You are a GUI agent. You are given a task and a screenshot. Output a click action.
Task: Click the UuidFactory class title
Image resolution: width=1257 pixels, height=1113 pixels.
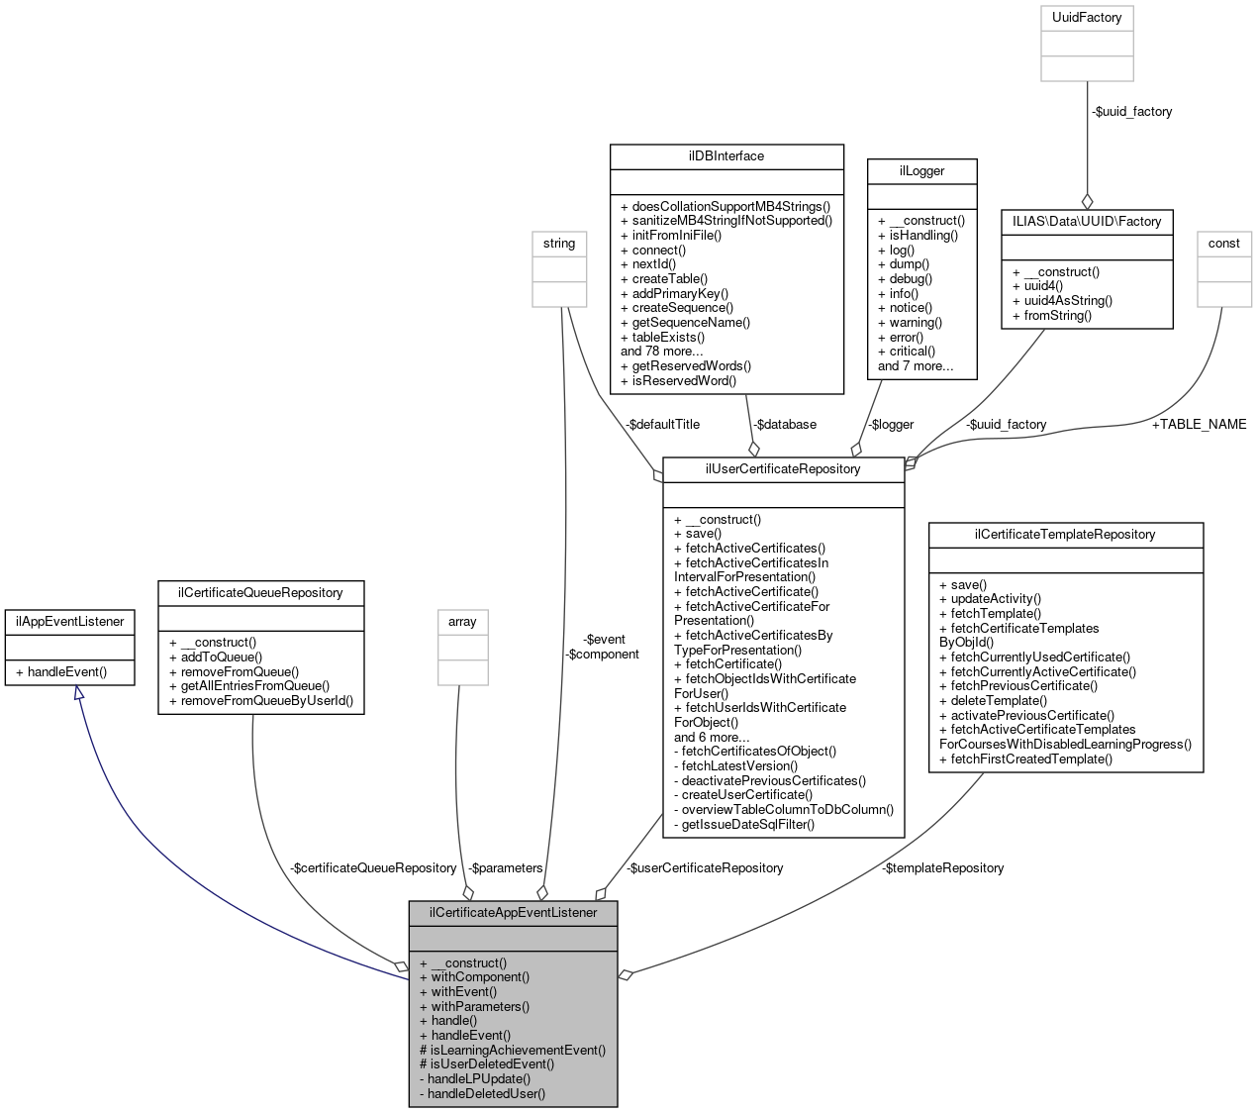point(1087,18)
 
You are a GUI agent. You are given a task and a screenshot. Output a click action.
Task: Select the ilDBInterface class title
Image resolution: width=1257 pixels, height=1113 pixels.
point(726,156)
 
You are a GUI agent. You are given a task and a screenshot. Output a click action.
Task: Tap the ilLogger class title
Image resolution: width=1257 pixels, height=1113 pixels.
point(921,171)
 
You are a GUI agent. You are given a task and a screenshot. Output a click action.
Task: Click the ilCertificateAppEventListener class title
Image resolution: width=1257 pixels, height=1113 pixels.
point(513,913)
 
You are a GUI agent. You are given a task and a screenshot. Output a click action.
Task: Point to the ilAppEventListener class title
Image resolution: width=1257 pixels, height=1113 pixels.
point(69,622)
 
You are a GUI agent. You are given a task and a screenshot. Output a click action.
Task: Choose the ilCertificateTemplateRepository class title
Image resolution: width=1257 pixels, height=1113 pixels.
point(1065,535)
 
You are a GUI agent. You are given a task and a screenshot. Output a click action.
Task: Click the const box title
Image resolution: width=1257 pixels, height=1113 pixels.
point(1223,244)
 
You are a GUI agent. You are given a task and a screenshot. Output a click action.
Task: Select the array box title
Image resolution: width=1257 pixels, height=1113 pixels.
point(462,622)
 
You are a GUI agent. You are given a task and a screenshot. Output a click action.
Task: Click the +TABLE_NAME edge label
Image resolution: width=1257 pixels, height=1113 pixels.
point(1199,424)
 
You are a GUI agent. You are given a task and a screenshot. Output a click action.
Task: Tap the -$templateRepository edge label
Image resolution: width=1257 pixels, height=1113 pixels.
point(943,868)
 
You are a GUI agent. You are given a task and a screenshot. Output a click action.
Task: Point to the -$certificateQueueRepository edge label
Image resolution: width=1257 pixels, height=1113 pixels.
point(373,868)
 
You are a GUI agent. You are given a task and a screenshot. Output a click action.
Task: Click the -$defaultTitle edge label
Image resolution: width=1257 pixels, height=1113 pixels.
point(662,424)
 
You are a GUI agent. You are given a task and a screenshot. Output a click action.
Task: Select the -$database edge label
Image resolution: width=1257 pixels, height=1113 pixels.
point(784,424)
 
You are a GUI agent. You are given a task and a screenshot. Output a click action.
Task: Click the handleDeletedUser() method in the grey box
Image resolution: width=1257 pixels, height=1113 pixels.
point(486,1094)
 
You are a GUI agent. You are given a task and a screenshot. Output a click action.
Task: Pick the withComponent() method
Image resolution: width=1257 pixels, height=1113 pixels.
point(480,977)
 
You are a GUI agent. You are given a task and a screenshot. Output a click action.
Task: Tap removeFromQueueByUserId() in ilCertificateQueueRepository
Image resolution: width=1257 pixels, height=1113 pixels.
point(266,701)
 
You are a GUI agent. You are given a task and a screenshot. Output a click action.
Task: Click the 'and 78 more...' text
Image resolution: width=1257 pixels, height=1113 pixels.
point(661,352)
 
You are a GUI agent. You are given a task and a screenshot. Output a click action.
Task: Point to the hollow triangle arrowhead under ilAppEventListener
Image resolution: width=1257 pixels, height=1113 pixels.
point(79,694)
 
